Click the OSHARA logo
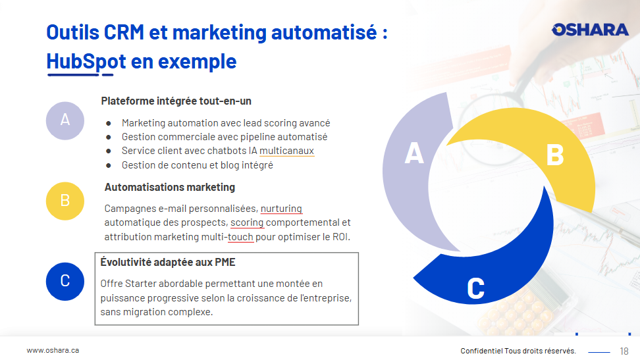point(590,30)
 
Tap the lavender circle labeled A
point(65,121)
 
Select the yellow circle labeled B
point(65,201)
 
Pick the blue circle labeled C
point(65,281)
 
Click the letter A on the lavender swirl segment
point(414,153)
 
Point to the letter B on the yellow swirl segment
point(555,155)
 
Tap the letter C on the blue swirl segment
point(475,288)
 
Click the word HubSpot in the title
point(86,62)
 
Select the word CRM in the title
point(124,33)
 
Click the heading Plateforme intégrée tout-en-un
point(176,101)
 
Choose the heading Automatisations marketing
point(170,188)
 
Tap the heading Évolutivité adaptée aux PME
point(168,262)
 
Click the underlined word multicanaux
point(286,151)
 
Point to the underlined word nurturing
point(281,209)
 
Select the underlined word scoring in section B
point(247,223)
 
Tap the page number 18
point(624,351)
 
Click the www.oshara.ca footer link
point(53,350)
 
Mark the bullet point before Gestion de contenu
point(108,165)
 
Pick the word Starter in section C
point(141,284)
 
